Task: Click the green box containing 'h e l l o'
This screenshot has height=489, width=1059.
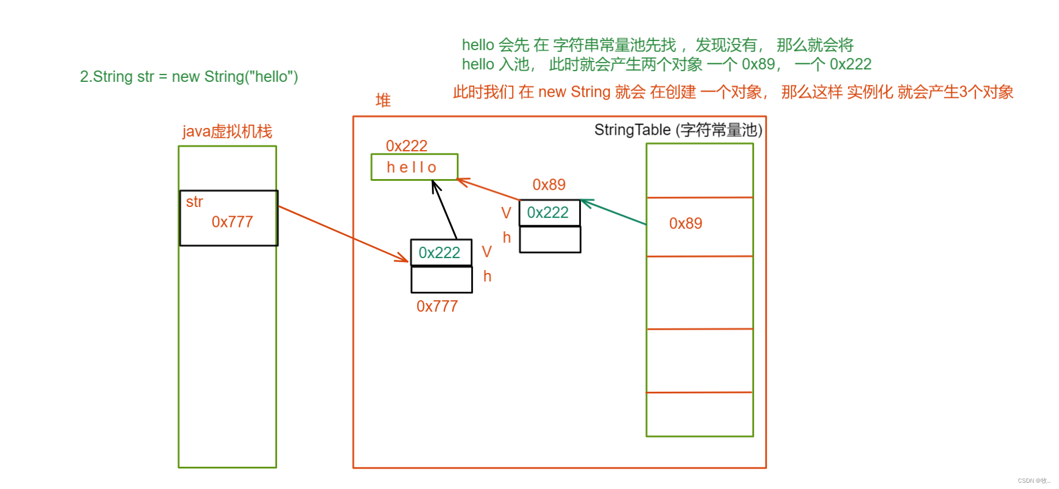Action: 414,167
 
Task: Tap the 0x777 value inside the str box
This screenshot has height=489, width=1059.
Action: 232,222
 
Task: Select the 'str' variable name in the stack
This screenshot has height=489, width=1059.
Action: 194,202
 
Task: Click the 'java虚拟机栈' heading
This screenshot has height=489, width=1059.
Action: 227,131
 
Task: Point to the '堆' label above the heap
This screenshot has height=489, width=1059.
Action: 383,101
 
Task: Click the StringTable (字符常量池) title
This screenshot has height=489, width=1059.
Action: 678,130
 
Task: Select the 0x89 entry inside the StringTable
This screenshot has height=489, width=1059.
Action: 685,223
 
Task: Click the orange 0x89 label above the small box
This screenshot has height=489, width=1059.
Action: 549,185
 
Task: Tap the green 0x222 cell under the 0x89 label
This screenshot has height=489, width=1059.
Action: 548,213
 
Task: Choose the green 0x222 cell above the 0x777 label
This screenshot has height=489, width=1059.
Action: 440,252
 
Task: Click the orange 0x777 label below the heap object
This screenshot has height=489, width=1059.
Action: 437,306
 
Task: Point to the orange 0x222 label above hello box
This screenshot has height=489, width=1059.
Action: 406,146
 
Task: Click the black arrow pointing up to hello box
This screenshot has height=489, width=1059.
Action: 444,210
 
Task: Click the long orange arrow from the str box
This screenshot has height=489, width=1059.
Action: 341,233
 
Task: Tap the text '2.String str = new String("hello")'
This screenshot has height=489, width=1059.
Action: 189,77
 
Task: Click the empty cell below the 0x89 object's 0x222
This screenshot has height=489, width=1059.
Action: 550,239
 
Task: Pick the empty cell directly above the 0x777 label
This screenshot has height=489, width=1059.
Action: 442,279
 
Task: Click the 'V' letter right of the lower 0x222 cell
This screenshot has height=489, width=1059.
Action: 487,252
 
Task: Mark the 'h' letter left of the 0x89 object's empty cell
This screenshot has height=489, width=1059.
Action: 506,238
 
